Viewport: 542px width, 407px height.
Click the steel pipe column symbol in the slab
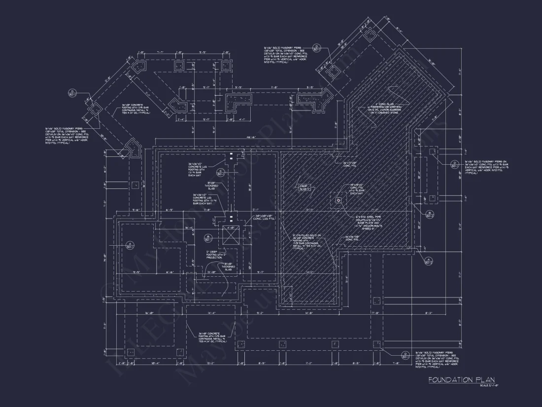pos(338,200)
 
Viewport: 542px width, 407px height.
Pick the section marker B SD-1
pos(208,238)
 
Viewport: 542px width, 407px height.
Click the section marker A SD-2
pos(428,261)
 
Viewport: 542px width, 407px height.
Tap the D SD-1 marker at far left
pos(72,93)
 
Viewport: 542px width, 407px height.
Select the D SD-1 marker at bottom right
pos(405,355)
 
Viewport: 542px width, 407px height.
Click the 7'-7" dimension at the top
pos(161,52)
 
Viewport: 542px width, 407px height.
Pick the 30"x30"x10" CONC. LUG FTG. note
pos(265,218)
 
